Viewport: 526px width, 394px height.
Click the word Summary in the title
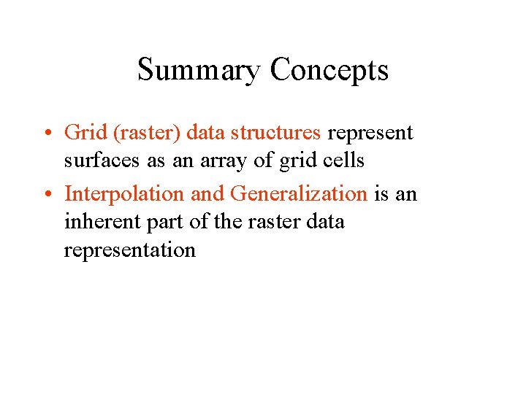point(198,71)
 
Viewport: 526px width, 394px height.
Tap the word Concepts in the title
point(329,71)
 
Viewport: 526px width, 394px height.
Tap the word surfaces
point(104,161)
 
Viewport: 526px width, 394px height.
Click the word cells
point(340,161)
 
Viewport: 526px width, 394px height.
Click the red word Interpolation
point(125,195)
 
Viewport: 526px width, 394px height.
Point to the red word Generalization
point(298,194)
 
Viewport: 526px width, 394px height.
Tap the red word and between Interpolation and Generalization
point(207,194)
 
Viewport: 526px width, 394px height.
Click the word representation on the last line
point(129,251)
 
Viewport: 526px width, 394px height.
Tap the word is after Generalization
point(381,194)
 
